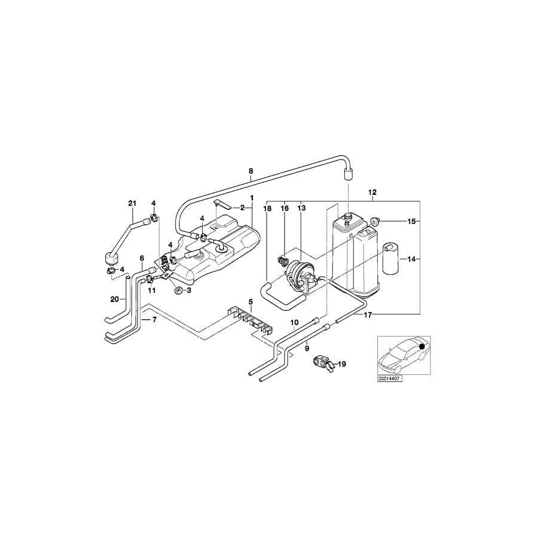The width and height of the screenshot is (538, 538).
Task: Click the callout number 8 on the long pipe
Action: coord(250,170)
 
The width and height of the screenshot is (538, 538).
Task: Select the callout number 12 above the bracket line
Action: coord(372,192)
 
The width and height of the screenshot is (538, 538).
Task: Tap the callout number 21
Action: coord(132,203)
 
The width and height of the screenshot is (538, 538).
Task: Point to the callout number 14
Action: coord(411,259)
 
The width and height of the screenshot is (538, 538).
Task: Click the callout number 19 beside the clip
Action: coord(342,363)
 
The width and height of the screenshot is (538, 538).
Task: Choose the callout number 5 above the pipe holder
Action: coord(251,302)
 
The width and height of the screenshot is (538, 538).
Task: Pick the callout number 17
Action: coord(368,314)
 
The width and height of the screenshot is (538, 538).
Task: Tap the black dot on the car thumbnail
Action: coord(423,346)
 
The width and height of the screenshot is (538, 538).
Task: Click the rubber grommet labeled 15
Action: coord(375,222)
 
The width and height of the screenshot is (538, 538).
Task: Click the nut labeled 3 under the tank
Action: coord(178,291)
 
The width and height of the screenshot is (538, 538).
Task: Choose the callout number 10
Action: coord(294,323)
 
